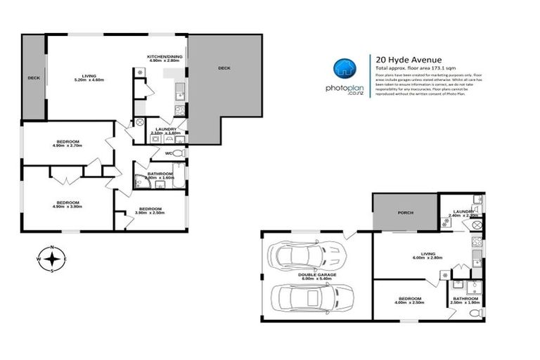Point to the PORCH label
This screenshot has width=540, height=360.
point(405,212)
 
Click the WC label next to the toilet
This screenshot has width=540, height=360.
point(169,153)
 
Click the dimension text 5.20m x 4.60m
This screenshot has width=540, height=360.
point(89,80)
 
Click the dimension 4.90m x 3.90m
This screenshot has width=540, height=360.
point(69,207)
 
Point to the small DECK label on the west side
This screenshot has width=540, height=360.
point(33,78)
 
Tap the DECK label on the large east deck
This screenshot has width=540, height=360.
point(224,68)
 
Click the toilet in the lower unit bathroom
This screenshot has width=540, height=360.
point(476,312)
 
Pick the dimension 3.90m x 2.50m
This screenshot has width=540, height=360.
point(150,213)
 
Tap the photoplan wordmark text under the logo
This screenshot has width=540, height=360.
point(344,89)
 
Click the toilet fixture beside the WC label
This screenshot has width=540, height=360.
point(179,153)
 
